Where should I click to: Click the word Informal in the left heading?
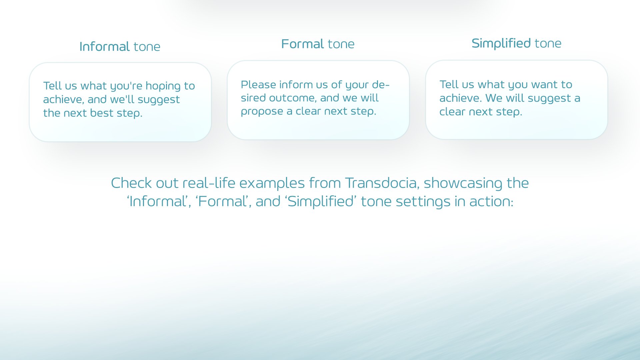pyautogui.click(x=104, y=47)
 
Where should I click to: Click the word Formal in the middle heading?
pyautogui.click(x=302, y=44)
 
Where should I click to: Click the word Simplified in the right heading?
pyautogui.click(x=501, y=43)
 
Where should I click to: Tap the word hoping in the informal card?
pyautogui.click(x=163, y=86)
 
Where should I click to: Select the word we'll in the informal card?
pyautogui.click(x=122, y=100)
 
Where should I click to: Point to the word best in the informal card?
pyautogui.click(x=102, y=113)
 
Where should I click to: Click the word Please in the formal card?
pyautogui.click(x=258, y=85)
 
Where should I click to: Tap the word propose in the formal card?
pyautogui.click(x=262, y=112)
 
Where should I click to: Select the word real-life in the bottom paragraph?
pyautogui.click(x=209, y=183)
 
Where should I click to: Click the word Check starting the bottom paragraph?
pyautogui.click(x=131, y=183)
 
